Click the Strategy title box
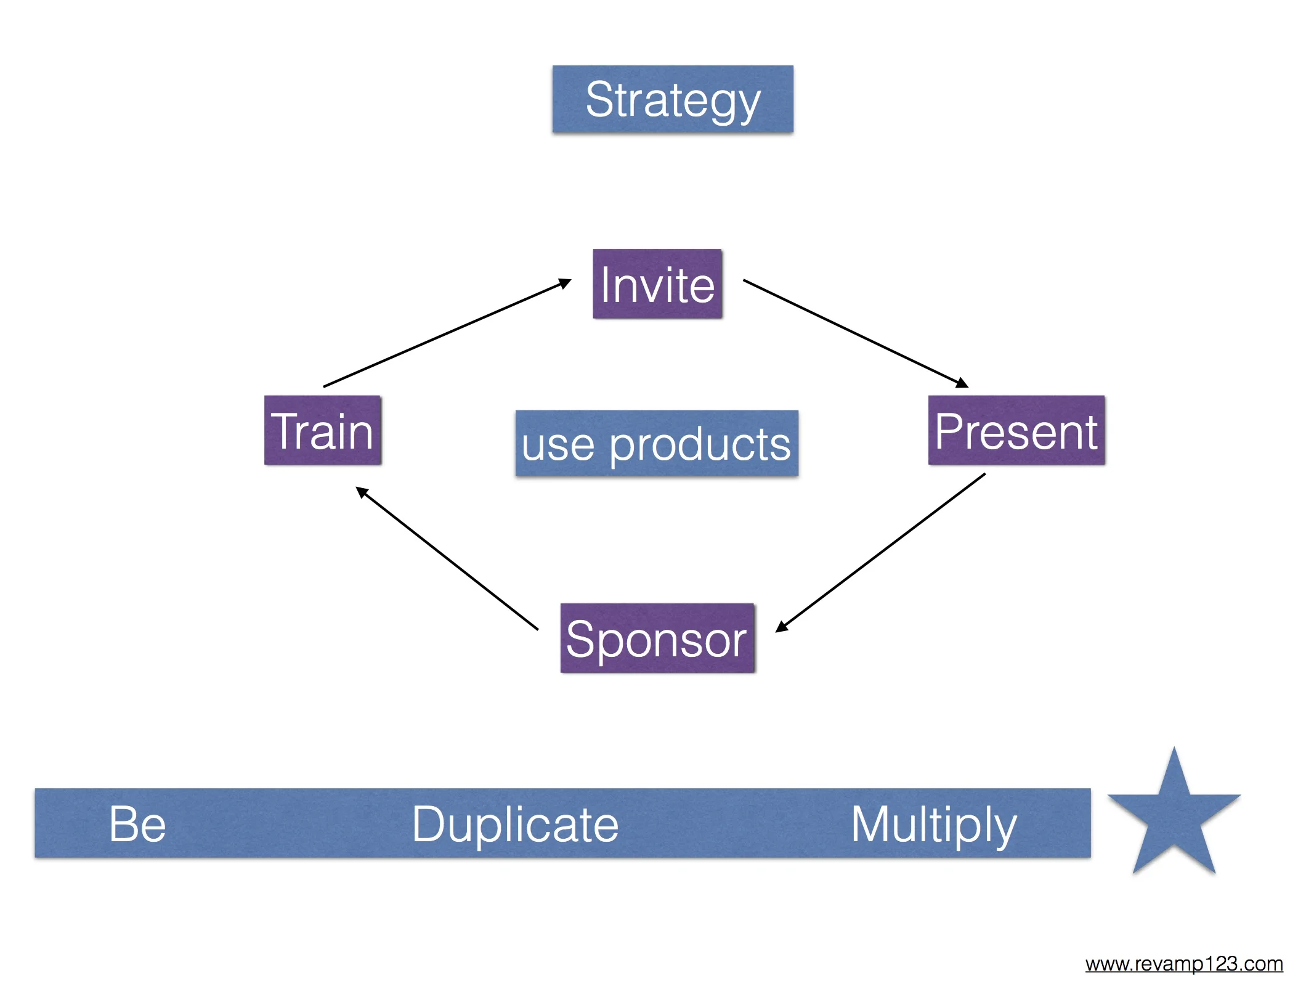point(673,99)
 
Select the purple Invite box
point(657,284)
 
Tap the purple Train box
point(323,430)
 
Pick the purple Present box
point(1016,430)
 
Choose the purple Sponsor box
point(657,638)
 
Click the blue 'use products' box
point(657,443)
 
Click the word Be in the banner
point(137,824)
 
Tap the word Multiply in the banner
point(934,826)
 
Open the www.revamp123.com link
point(1184,963)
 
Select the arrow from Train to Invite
point(447,333)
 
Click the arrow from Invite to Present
point(856,333)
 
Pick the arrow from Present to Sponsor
point(880,553)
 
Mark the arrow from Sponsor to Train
point(447,558)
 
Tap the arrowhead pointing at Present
point(962,383)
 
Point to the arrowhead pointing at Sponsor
point(782,627)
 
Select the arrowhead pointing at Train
point(362,492)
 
